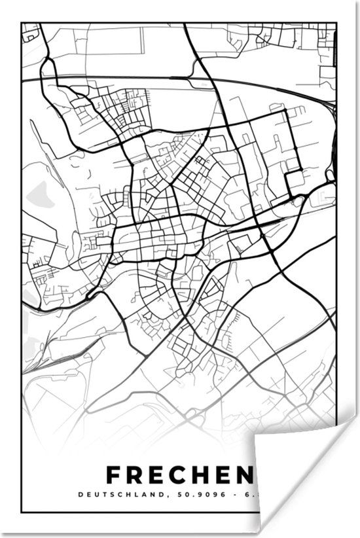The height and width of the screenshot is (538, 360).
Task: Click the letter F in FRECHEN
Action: (x=114, y=475)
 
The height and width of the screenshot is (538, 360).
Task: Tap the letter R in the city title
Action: (x=138, y=475)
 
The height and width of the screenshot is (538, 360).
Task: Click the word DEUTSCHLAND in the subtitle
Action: (x=135, y=494)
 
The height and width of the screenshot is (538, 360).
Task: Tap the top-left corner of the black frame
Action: (x=22, y=24)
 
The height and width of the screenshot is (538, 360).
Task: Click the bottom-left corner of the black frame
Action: (x=22, y=512)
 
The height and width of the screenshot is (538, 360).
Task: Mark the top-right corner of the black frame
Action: (x=336, y=24)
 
